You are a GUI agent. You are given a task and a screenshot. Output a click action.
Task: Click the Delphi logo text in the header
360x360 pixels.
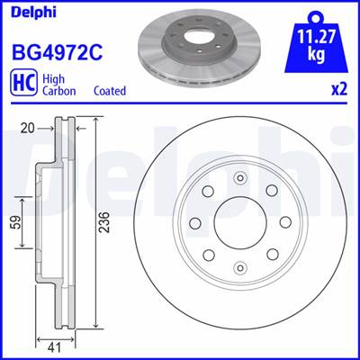(33, 12)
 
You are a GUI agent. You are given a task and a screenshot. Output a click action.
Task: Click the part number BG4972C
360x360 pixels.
(57, 51)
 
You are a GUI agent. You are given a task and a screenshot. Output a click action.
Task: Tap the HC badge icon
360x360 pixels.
(23, 83)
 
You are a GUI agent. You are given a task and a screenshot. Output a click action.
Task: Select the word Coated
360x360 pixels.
(110, 91)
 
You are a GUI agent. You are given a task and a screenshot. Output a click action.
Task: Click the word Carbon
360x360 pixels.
(59, 91)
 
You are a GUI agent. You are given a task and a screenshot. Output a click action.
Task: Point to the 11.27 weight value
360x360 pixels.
(316, 39)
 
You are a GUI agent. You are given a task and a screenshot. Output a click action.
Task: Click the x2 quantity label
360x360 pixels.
(339, 89)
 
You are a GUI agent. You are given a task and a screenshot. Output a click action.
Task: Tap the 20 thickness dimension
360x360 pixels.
(28, 129)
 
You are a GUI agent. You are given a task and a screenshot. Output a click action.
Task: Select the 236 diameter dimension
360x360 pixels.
(104, 222)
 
